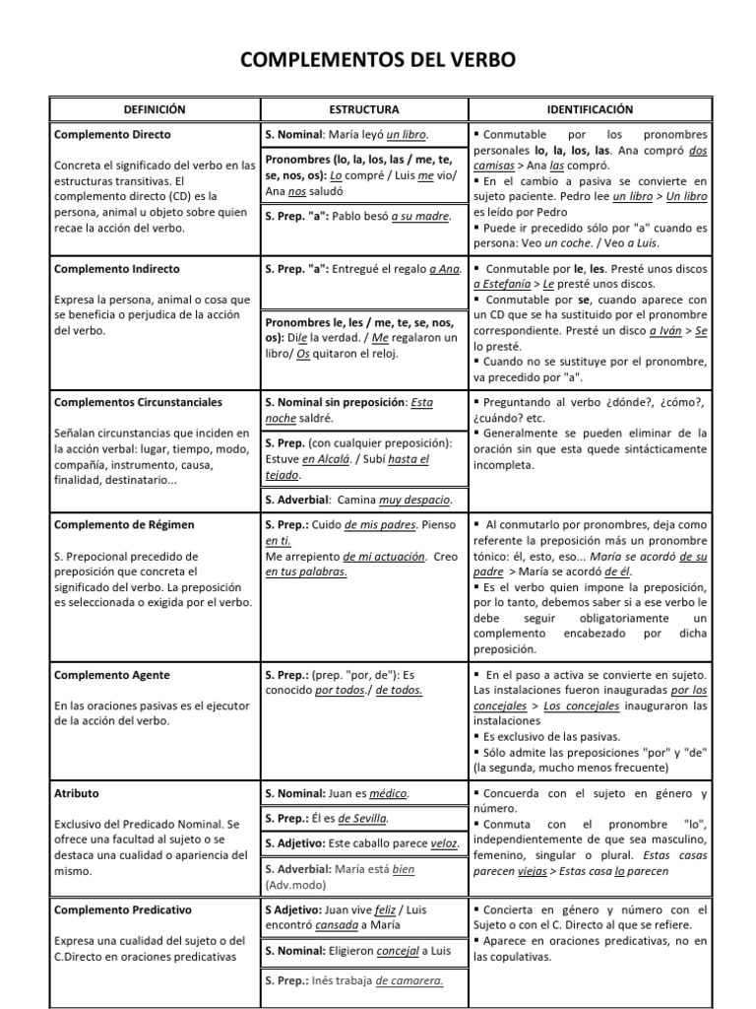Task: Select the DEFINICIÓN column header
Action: pos(154,109)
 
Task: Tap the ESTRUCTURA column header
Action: pos(363,109)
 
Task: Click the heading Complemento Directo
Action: pos(112,134)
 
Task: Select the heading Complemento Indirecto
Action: pos(117,268)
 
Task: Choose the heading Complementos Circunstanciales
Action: pos(138,402)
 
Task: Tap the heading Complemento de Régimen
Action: pos(123,525)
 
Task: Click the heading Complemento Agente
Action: pos(112,675)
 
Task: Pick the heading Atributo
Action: pos(77,793)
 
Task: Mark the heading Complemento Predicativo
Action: pos(123,909)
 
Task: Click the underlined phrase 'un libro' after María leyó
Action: pos(408,134)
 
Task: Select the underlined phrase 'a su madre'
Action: pos(420,216)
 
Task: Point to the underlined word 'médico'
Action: pos(383,793)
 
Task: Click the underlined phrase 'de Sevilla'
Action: pos(362,818)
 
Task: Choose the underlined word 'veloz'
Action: pos(444,842)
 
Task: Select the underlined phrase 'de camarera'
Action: pos(409,980)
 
